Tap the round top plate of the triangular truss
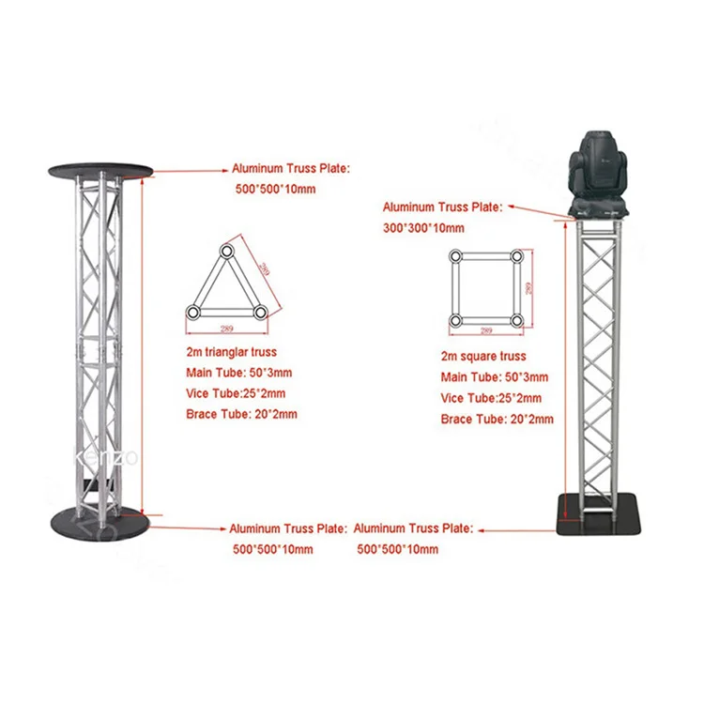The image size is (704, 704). pos(101,171)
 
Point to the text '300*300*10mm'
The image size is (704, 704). pos(423,228)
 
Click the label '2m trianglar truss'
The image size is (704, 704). pos(231,352)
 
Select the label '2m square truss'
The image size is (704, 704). pos(483,357)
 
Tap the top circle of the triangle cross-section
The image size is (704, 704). pos(226,250)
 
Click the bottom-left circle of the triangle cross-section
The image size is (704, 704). pos(192,312)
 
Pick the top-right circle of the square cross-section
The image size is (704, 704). pos(517,256)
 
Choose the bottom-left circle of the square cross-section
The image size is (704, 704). pos(455,321)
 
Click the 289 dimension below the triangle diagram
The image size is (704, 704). pos(227,329)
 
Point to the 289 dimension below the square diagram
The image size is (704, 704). pos(486,331)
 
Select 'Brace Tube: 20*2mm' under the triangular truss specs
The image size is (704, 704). pos(241,414)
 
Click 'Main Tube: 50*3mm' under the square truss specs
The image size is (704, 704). pos(495,377)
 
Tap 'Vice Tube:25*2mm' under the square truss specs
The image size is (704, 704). pos(491,398)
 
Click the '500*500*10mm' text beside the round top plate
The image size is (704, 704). pos(275,189)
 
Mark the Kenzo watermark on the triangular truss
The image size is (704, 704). pos(105,457)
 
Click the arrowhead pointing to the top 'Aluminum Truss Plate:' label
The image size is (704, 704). pos(225,171)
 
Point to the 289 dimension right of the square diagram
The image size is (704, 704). pos(528,288)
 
